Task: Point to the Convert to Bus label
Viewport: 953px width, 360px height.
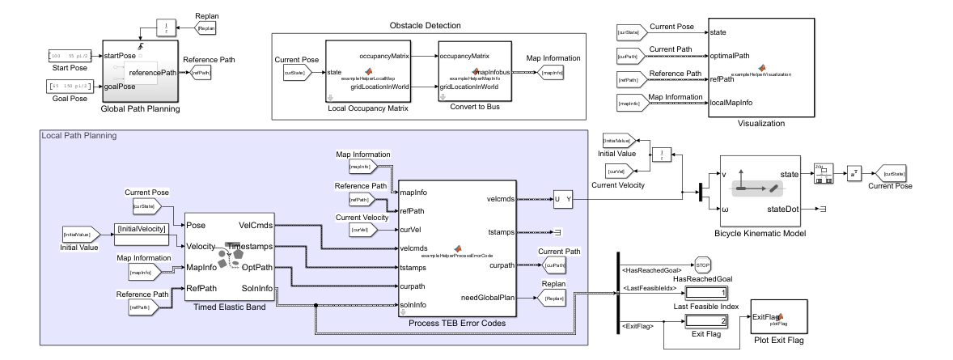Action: tap(473, 108)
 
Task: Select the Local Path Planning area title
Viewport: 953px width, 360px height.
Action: tap(78, 134)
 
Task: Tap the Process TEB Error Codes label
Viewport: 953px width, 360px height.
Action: tap(457, 324)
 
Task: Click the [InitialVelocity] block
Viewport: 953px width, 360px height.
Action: tap(142, 230)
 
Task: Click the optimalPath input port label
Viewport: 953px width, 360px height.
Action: tap(732, 56)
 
